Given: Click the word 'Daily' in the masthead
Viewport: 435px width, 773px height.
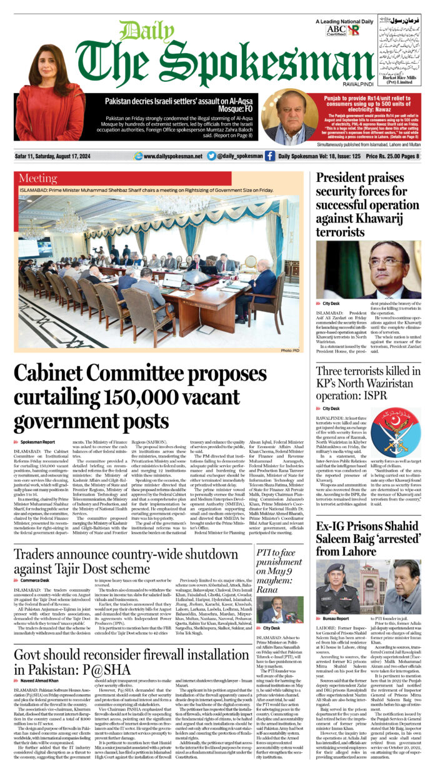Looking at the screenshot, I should (x=139, y=31).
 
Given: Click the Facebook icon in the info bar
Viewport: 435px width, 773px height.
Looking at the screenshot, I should (x=270, y=156).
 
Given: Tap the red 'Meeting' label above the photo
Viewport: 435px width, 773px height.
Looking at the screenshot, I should (x=37, y=179).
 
